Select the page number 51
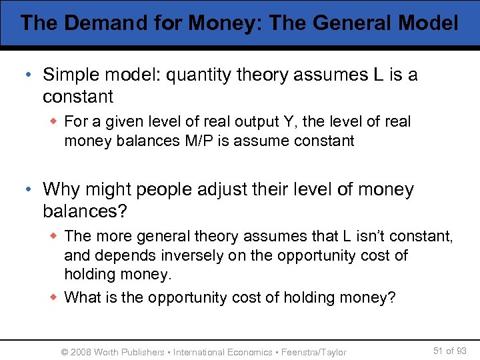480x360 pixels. (x=437, y=351)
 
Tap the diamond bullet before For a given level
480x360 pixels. (x=55, y=122)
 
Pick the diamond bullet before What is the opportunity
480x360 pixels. (x=55, y=297)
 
